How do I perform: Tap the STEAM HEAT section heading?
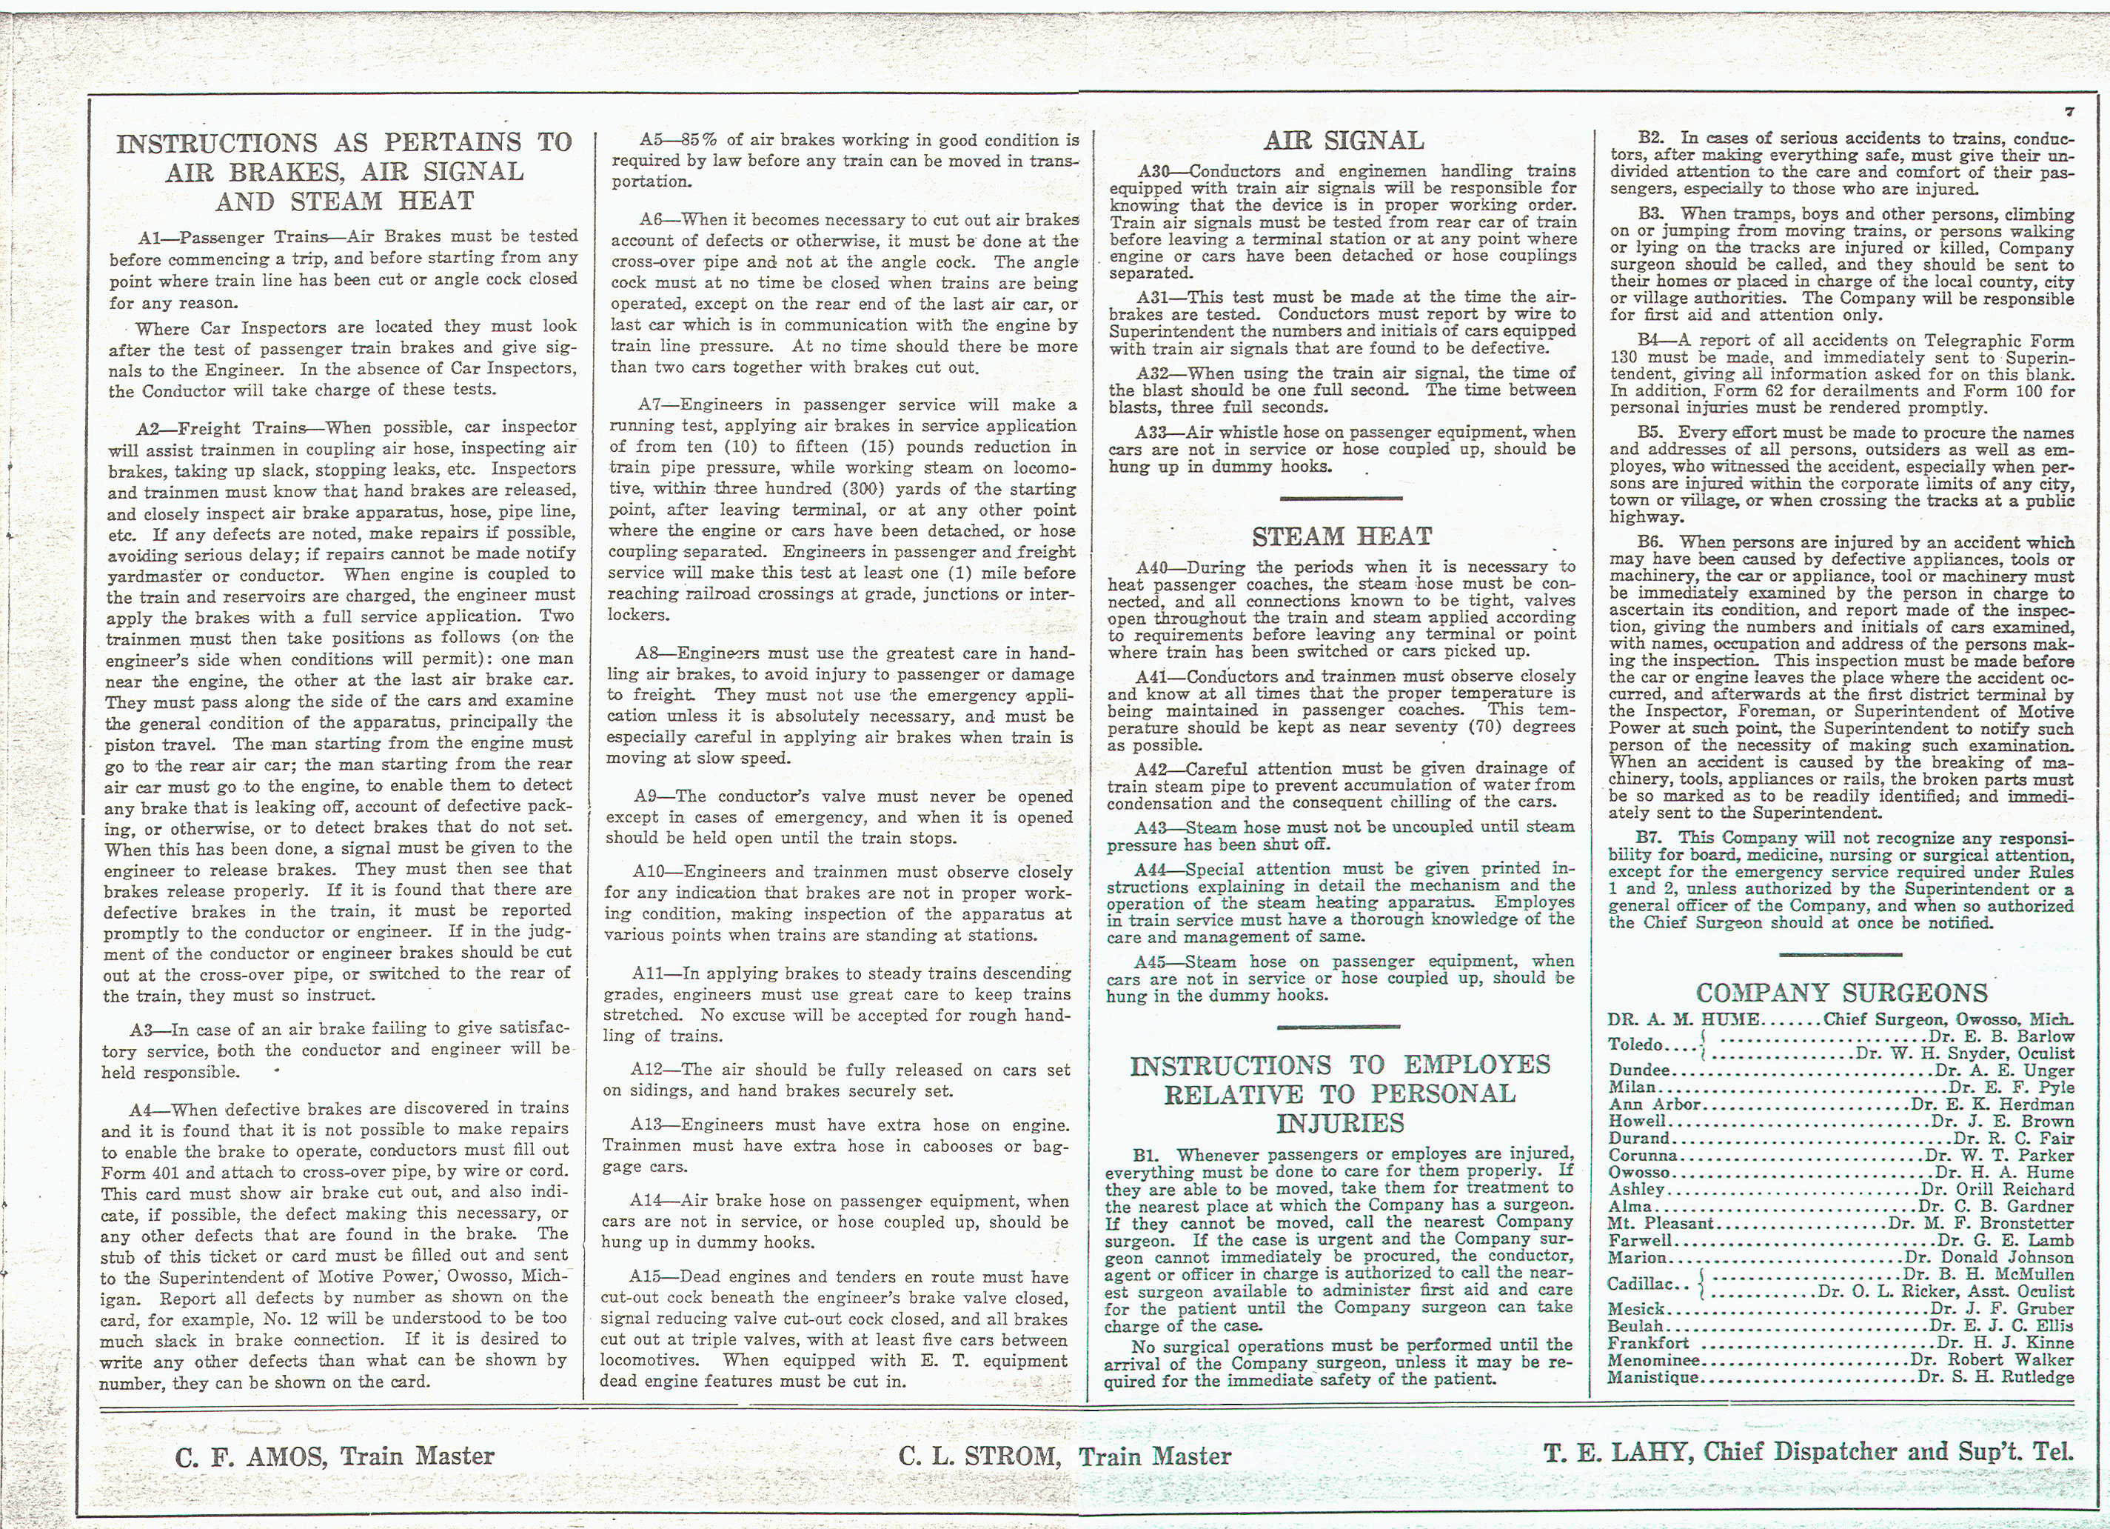pyautogui.click(x=1342, y=537)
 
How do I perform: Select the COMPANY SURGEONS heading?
pyautogui.click(x=1841, y=993)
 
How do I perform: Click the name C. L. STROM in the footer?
pyautogui.click(x=979, y=1456)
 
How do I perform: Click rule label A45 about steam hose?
pyautogui.click(x=1154, y=962)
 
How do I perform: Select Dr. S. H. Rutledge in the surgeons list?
pyautogui.click(x=1997, y=1377)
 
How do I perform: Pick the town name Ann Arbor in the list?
pyautogui.click(x=1655, y=1105)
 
